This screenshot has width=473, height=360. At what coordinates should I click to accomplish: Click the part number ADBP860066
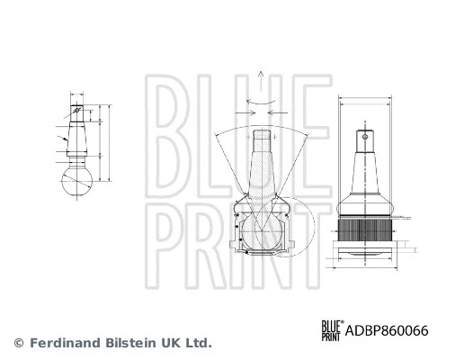coord(387,330)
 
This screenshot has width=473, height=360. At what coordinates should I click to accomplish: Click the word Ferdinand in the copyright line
coord(65,343)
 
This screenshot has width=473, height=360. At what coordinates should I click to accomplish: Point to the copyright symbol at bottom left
coord(19,343)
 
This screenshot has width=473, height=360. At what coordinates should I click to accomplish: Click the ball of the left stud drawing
coord(77,181)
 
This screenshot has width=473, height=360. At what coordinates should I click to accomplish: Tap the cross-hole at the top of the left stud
coord(76,110)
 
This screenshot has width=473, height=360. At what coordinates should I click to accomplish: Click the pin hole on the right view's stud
coord(365,137)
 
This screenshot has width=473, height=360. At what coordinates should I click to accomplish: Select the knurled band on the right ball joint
coord(365,229)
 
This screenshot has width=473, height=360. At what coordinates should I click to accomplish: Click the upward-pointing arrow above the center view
coord(261,81)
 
